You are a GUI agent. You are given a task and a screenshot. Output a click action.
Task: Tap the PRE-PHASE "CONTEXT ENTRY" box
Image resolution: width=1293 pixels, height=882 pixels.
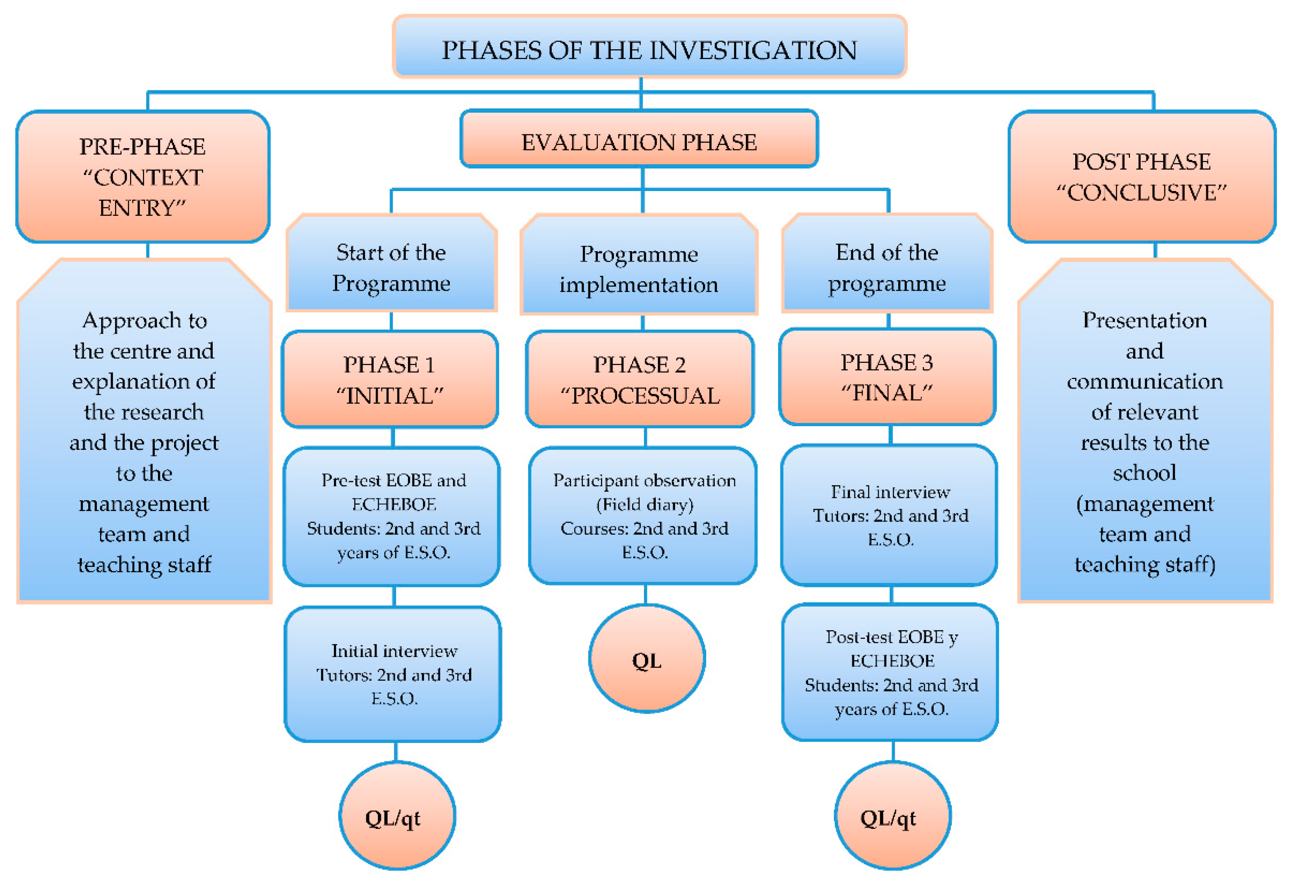143,177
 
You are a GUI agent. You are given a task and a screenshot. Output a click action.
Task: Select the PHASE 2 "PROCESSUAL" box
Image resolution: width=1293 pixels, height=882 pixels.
640,379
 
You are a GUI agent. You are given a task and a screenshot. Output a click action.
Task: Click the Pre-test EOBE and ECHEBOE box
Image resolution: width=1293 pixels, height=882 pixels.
393,516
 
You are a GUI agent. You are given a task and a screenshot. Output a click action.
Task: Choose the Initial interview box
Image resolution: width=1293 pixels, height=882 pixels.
393,674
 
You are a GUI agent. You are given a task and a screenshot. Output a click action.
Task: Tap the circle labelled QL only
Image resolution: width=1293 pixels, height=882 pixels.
647,659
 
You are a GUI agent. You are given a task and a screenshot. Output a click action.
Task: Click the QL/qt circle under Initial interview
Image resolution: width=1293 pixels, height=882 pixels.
396,816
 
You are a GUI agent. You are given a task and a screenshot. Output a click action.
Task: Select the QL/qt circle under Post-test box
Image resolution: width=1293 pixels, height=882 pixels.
892,816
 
